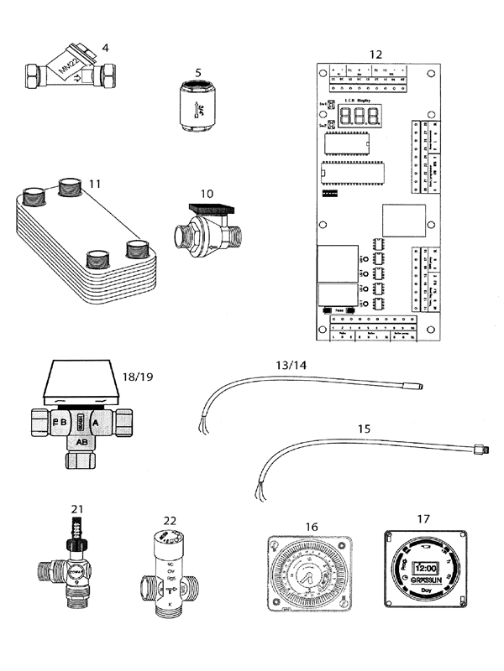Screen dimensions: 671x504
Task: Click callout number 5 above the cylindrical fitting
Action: coord(198,73)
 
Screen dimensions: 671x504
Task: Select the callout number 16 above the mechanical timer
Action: coord(312,526)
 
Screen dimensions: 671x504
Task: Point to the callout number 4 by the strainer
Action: coord(105,47)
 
